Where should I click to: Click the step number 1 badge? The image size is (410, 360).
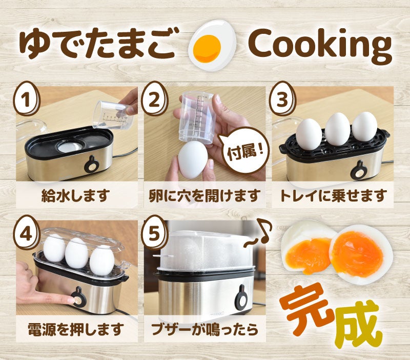click(x=27, y=98)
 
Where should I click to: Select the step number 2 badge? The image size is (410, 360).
click(x=155, y=98)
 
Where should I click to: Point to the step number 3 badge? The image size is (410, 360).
click(x=282, y=98)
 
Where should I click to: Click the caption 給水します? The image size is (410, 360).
click(x=76, y=195)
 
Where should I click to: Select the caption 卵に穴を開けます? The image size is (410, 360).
click(x=204, y=195)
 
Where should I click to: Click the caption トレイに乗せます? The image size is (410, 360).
click(x=333, y=195)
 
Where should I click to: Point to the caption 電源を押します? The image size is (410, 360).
click(x=76, y=329)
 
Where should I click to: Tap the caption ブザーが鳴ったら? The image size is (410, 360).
click(x=204, y=329)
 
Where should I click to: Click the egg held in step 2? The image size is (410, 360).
click(x=193, y=161)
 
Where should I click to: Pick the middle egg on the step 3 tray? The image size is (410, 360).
click(x=338, y=129)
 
